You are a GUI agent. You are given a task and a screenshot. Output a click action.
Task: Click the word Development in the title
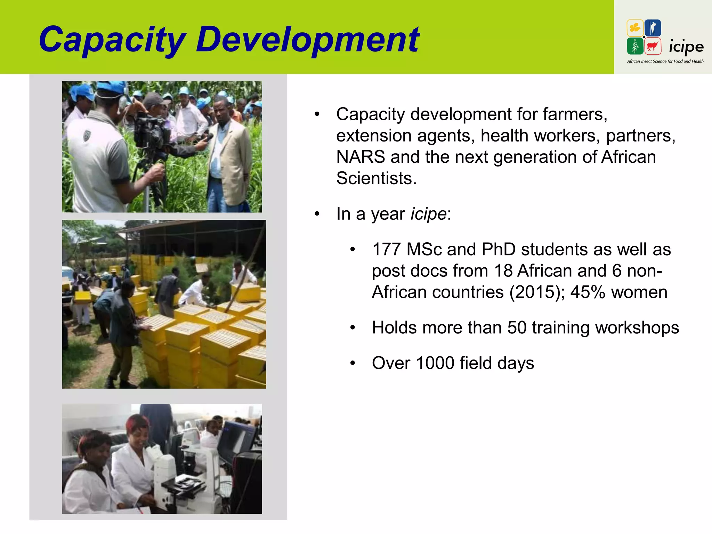pyautogui.click(x=307, y=40)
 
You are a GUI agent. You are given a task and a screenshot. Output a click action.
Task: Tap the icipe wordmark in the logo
pyautogui.click(x=686, y=47)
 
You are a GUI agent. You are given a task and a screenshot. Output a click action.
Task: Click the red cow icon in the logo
pyautogui.click(x=653, y=46)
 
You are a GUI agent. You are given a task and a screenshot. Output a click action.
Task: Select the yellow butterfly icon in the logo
pyautogui.click(x=635, y=28)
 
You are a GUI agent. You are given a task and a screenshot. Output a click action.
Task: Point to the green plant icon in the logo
pyautogui.click(x=635, y=46)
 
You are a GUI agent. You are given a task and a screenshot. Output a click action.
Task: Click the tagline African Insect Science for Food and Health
pyautogui.click(x=665, y=62)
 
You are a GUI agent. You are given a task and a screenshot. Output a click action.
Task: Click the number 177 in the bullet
pyautogui.click(x=386, y=250)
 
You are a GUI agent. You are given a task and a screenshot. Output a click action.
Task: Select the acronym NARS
pyautogui.click(x=361, y=157)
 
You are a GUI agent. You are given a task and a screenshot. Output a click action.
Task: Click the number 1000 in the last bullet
pyautogui.click(x=435, y=363)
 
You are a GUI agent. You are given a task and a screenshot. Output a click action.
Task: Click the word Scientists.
pyautogui.click(x=376, y=178)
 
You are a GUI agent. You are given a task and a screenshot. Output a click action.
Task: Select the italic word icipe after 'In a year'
pyautogui.click(x=428, y=214)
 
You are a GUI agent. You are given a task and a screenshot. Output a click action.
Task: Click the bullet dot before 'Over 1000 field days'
pyautogui.click(x=353, y=363)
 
